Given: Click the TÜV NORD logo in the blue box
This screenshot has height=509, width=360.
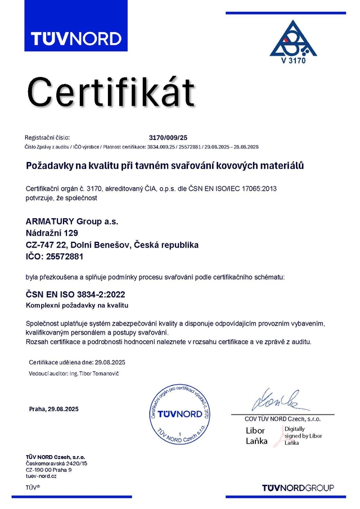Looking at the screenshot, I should coord(76,38).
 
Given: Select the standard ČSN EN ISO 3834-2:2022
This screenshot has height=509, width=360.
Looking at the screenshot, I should coord(75,294).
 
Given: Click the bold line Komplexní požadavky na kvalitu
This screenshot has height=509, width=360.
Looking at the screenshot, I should coord(78,305).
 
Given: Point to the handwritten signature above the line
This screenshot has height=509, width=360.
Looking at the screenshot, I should coord(276,400).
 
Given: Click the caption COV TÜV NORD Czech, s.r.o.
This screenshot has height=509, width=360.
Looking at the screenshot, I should coord(282,419).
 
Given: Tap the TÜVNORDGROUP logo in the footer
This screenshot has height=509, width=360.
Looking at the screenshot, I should coord(298,487).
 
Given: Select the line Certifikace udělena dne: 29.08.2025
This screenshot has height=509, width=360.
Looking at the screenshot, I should coord(77,362).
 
